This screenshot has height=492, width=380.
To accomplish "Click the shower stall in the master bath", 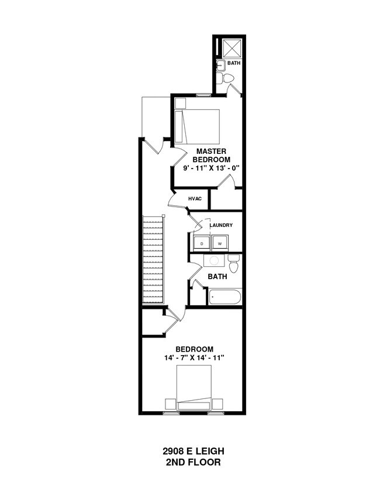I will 227,47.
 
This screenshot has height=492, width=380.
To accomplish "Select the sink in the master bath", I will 221,65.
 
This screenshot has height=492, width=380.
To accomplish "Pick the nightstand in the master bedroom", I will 180,103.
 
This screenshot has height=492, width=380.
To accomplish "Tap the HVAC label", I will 195,199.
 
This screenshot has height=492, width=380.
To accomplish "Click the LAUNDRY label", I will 222,225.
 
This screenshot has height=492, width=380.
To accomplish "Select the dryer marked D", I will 202,243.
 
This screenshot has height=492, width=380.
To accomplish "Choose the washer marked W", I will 220,243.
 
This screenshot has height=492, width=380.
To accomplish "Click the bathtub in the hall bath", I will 224,297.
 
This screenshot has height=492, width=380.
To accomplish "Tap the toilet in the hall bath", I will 234,265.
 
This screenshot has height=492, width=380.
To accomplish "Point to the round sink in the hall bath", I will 214,261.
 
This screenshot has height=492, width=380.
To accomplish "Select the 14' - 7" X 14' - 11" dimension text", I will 195,357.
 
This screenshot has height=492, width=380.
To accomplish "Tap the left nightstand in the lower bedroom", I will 170,404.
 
